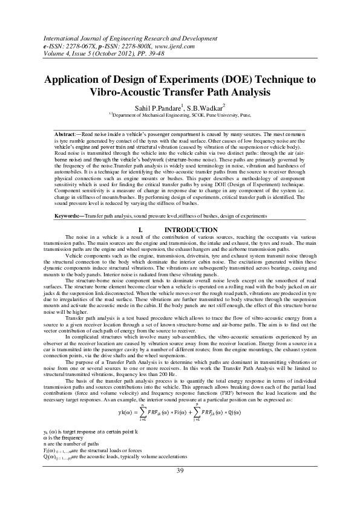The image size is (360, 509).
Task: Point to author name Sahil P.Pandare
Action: pyautogui.click(x=159, y=105)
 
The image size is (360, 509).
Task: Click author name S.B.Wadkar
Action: pyautogui.click(x=204, y=105)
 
